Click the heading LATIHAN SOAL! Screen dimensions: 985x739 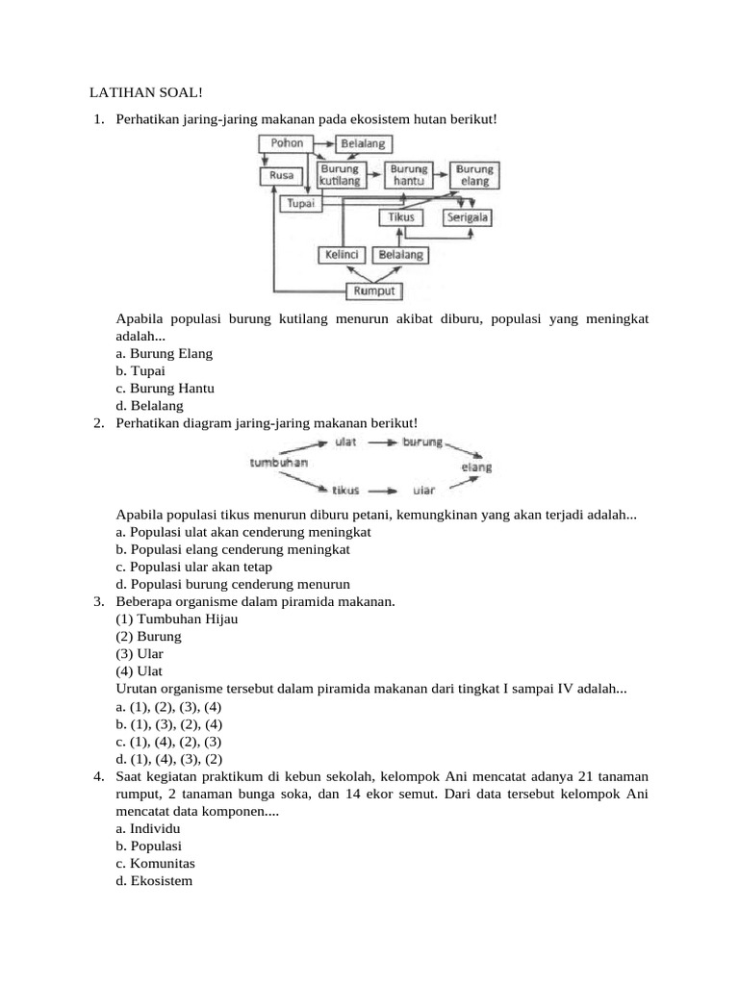coord(146,92)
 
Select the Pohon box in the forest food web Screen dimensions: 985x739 coord(287,143)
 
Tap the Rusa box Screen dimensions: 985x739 coord(282,176)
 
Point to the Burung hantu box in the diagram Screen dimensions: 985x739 coord(410,175)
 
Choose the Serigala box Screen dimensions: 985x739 coord(468,217)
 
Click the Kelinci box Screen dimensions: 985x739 coord(342,255)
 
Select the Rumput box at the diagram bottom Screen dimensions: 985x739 coord(373,290)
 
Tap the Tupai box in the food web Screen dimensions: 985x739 coord(301,204)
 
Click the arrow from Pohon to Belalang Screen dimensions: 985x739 coord(323,144)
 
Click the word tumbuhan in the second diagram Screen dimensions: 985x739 coord(279,463)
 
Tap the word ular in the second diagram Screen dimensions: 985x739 coord(423,490)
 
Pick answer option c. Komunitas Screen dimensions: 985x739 coord(155,863)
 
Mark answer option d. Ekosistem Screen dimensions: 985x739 coord(154,880)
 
